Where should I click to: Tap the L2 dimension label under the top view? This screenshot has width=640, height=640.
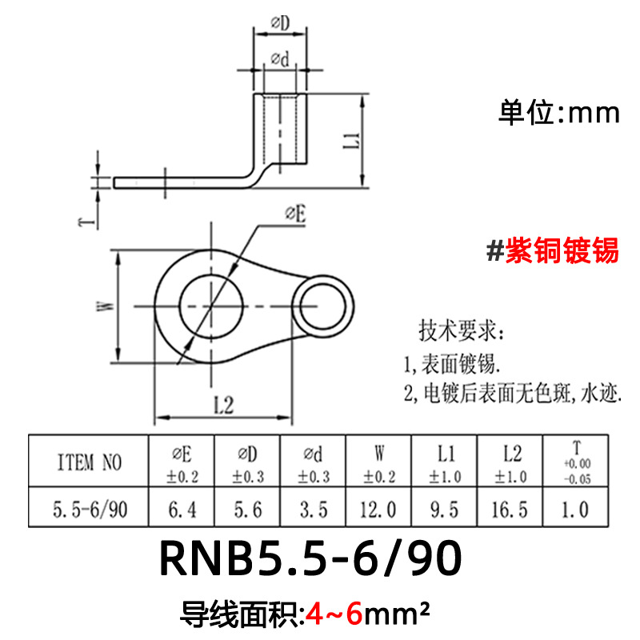tap(222, 406)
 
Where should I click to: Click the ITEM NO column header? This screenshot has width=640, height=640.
tap(89, 462)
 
